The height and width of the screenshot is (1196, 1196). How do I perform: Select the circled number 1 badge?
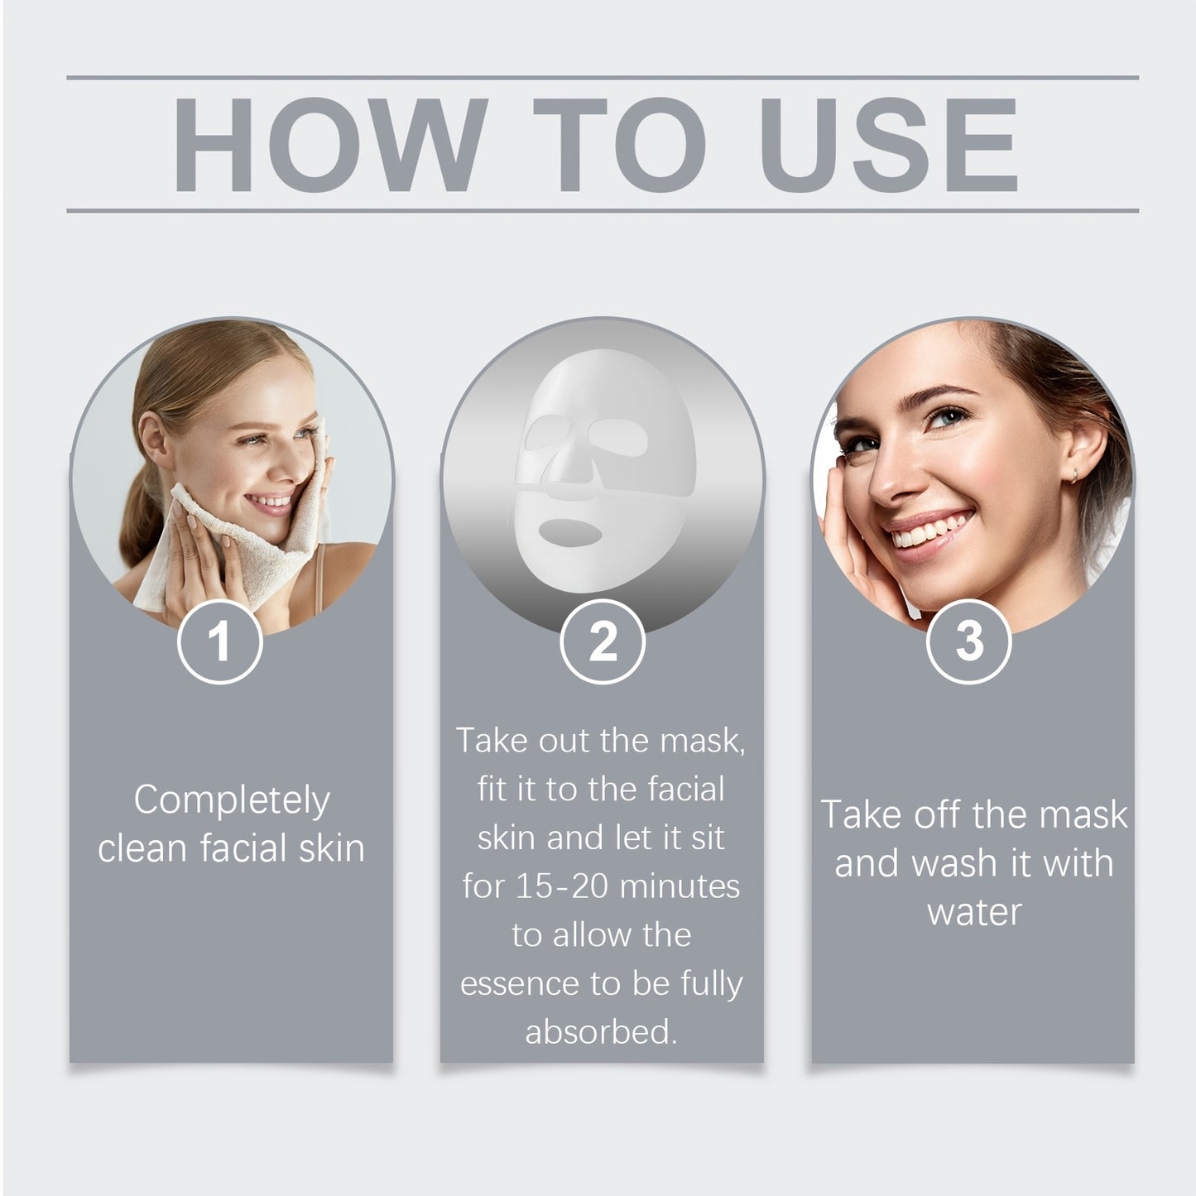click(220, 641)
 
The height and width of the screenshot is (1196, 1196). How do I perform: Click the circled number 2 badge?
click(602, 641)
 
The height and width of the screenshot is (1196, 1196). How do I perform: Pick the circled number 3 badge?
click(969, 641)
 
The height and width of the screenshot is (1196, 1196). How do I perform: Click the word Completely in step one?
click(232, 800)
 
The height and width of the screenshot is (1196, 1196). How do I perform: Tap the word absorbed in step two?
click(600, 1032)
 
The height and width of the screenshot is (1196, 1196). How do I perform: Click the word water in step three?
click(974, 912)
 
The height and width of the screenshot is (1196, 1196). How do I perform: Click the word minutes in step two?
click(680, 886)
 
